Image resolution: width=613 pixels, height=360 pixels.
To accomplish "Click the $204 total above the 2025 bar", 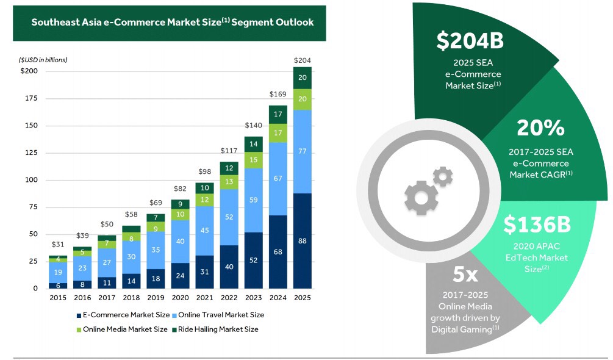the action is [x=302, y=60].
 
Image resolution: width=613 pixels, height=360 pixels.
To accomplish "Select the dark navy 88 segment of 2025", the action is [x=302, y=241].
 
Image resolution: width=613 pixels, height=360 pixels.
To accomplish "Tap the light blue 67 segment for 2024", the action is [x=278, y=179].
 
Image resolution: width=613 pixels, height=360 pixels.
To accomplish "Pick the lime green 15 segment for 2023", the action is [x=253, y=160].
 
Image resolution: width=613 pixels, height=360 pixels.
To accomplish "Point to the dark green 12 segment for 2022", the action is [x=229, y=168].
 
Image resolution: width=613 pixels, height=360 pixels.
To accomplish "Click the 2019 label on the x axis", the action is [x=156, y=298].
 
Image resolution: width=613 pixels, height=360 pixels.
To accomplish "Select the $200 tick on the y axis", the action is [x=29, y=71].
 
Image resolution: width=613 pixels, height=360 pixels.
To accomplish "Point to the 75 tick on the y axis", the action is [x=34, y=207].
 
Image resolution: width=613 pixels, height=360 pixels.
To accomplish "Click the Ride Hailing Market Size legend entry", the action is [x=215, y=329].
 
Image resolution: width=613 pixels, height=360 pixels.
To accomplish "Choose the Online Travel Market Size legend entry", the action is [x=218, y=315].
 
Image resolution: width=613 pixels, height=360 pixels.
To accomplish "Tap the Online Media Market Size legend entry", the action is [x=122, y=329].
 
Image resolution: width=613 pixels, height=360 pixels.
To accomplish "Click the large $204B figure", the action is [x=470, y=41].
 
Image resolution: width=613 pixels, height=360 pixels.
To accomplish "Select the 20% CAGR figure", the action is [x=540, y=128].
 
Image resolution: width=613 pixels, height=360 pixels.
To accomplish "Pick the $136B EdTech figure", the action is [x=537, y=225].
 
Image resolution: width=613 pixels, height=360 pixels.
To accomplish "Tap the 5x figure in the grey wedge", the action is [x=465, y=274].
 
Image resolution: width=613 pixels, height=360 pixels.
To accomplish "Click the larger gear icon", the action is [x=421, y=198].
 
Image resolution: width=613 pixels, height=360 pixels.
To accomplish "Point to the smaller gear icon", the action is [x=443, y=177].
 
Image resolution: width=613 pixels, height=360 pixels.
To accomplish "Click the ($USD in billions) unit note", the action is [x=43, y=60].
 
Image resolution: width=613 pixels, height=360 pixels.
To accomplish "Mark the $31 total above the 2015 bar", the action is [x=58, y=244].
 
